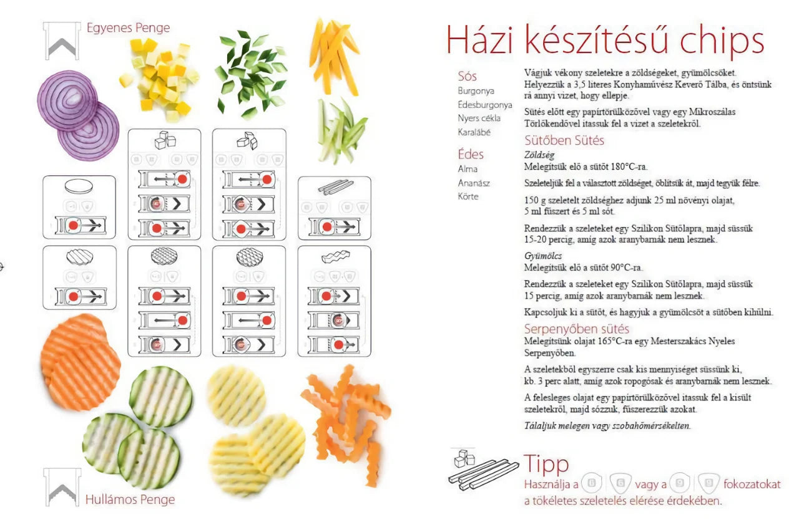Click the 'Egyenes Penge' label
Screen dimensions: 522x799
coord(127,28)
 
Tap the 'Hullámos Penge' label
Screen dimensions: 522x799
coord(130,499)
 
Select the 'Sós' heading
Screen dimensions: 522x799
coord(468,76)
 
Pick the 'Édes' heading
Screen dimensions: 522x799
coord(471,154)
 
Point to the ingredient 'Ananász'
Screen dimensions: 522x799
coord(473,183)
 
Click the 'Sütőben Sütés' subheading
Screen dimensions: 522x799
coord(564,140)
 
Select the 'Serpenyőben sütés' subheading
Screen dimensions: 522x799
coord(576,329)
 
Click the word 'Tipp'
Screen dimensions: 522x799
coord(546,464)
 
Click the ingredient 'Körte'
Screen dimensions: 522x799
coord(468,196)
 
